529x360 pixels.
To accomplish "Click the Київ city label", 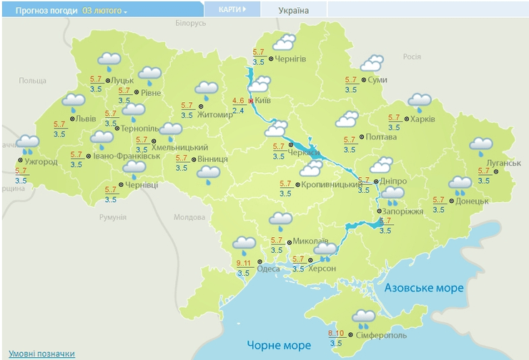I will click(x=262, y=101).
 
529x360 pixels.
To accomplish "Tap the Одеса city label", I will click(x=269, y=269).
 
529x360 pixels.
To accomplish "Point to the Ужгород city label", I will click(x=40, y=162).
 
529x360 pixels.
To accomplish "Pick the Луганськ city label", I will click(x=503, y=163).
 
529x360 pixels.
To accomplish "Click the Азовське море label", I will click(x=424, y=288).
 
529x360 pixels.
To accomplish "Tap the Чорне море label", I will click(x=279, y=346).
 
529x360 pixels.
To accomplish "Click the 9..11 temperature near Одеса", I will click(x=243, y=264).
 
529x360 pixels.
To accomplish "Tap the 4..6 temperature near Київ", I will click(x=238, y=101).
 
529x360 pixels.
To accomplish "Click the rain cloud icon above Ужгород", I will click(x=29, y=144).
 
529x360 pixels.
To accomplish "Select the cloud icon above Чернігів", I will click(x=285, y=43).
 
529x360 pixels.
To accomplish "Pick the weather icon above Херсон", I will click(x=326, y=250).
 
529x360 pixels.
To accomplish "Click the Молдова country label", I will click(x=189, y=217).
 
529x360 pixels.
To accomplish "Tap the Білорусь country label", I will click(x=190, y=24).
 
